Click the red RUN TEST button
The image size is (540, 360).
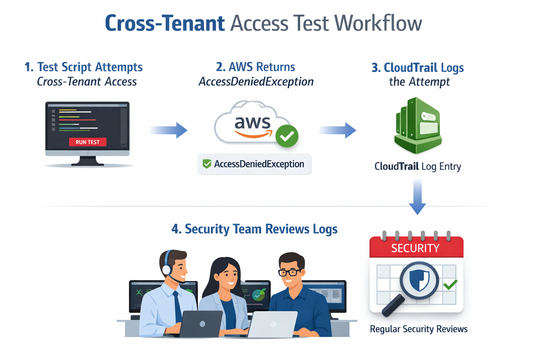point(88,142)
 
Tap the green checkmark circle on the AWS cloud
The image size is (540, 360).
point(287,136)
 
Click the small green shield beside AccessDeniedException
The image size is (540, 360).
point(207,164)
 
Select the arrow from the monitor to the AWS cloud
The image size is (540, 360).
point(169,130)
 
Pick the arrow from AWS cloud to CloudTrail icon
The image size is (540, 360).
point(337,130)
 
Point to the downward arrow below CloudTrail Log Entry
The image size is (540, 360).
point(418,197)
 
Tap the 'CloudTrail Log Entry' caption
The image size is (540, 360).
point(418,166)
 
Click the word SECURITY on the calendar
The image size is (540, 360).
point(415,249)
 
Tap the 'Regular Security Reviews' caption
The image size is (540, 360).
point(419,329)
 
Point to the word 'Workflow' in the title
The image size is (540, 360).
point(378,24)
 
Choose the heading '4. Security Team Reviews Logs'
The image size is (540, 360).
point(254,229)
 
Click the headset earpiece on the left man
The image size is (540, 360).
point(167,270)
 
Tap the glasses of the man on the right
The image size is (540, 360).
point(290,272)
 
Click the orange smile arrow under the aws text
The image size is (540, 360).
point(253,134)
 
